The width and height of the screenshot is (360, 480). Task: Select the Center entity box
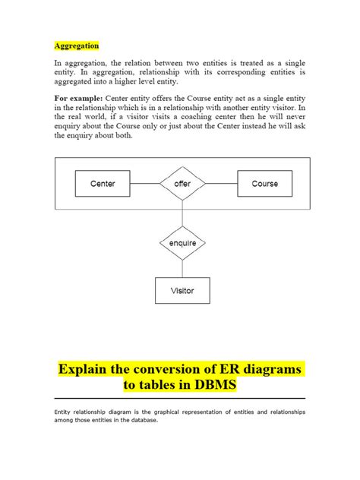(103, 184)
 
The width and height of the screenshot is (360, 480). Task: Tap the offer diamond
(182, 184)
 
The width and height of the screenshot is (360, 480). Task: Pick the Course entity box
(264, 184)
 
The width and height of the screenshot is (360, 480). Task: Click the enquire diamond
(182, 243)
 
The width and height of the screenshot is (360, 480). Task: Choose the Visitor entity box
(182, 290)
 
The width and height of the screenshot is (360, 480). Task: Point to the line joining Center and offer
(145, 184)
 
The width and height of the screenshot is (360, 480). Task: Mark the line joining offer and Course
(220, 184)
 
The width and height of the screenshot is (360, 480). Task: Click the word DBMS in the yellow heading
(216, 386)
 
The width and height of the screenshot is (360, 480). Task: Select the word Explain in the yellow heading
(87, 368)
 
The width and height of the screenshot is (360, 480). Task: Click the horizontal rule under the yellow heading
(180, 399)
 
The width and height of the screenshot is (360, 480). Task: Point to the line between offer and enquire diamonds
(182, 214)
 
